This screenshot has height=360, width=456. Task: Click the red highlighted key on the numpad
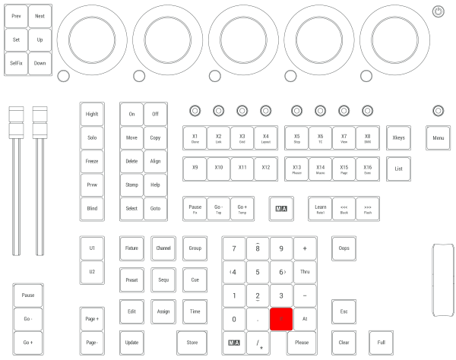pyautogui.click(x=281, y=319)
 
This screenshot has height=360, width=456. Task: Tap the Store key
pyautogui.click(x=192, y=343)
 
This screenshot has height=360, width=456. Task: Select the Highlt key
pyautogui.click(x=92, y=114)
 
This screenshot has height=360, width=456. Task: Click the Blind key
pyautogui.click(x=92, y=207)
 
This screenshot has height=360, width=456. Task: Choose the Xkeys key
pyautogui.click(x=398, y=138)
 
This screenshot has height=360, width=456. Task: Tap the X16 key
pyautogui.click(x=367, y=169)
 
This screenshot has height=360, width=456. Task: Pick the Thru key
pyautogui.click(x=305, y=271)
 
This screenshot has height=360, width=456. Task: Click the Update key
pyautogui.click(x=131, y=343)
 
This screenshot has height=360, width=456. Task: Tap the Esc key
pyautogui.click(x=344, y=311)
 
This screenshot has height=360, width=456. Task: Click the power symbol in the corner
pyautogui.click(x=437, y=11)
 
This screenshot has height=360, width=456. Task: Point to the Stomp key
pyautogui.click(x=131, y=185)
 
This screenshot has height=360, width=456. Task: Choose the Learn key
pyautogui.click(x=320, y=208)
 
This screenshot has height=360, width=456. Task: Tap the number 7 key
pyautogui.click(x=233, y=248)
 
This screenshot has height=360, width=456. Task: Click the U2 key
pyautogui.click(x=92, y=271)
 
